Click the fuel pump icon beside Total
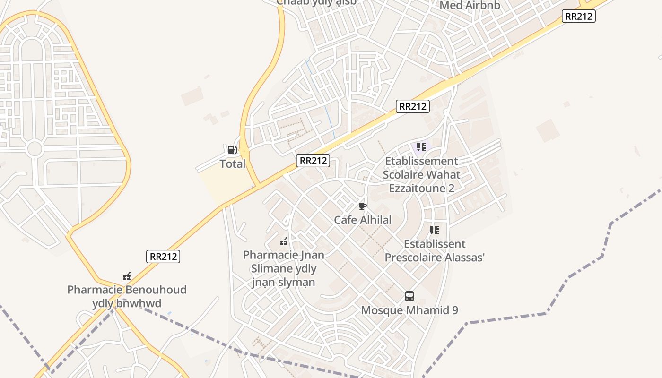(x=232, y=150)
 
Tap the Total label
(x=232, y=164)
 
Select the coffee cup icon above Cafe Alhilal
(x=362, y=206)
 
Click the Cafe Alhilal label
(x=363, y=220)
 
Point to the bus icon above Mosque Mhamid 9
(x=409, y=296)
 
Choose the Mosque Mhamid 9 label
(x=409, y=310)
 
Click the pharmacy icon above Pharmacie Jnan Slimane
(x=284, y=241)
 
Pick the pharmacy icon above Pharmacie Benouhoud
(x=127, y=276)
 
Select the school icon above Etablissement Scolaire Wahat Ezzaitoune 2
(x=421, y=147)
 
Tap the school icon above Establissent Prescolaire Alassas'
(x=435, y=230)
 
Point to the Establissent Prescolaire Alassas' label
(x=435, y=250)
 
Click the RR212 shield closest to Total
(x=313, y=161)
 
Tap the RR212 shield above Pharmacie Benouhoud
(x=163, y=257)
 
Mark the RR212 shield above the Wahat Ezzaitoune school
(x=413, y=106)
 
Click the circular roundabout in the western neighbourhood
(x=35, y=148)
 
